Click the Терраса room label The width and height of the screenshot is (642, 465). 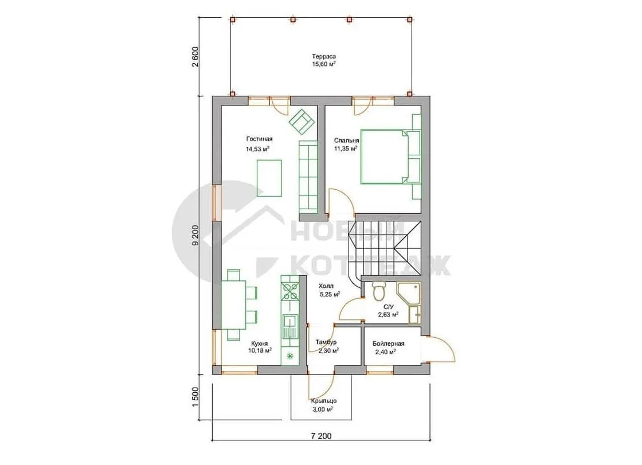[324, 56]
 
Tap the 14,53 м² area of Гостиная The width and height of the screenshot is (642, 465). [257, 149]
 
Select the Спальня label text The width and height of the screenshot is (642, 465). [346, 140]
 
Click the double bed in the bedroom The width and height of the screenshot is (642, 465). [385, 157]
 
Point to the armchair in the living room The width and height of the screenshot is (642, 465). [302, 121]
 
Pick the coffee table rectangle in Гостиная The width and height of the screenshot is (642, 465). [269, 178]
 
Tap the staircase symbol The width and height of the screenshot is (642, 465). [385, 251]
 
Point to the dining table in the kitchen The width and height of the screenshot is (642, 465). [233, 304]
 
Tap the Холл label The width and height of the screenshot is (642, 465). [326, 286]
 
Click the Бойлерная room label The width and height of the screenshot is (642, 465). [389, 343]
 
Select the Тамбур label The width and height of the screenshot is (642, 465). [326, 342]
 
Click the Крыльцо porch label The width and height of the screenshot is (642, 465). [324, 401]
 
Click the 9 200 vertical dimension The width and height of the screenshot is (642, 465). [195, 235]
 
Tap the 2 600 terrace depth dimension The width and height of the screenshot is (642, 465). [195, 57]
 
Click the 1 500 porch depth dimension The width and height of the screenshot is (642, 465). [195, 397]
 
